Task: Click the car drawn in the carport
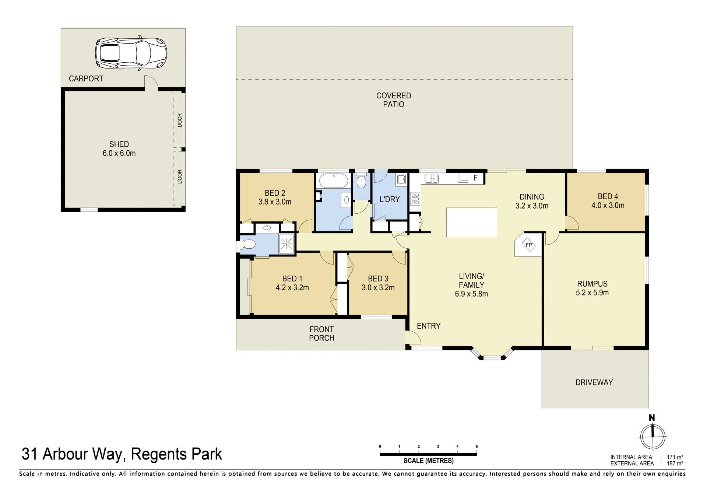[131, 53]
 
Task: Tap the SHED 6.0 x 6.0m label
[119, 148]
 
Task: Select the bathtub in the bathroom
[333, 181]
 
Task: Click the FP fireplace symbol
[529, 245]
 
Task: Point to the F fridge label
[475, 178]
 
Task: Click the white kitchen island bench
[471, 222]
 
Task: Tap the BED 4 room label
[608, 201]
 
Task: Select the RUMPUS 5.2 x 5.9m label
[592, 288]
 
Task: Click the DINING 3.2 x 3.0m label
[532, 201]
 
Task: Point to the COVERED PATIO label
[394, 100]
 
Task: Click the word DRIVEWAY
[594, 382]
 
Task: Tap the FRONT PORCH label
[321, 333]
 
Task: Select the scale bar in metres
[428, 454]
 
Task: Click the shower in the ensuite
[286, 244]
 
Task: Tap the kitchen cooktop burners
[415, 199]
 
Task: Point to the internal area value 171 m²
[675, 457]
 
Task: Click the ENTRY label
[429, 326]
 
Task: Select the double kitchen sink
[432, 179]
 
